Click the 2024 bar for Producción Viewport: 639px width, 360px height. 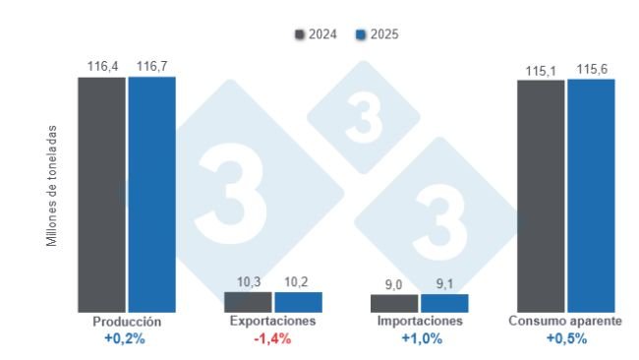coord(102,195)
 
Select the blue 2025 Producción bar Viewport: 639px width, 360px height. coord(151,195)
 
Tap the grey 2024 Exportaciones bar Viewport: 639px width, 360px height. coord(248,302)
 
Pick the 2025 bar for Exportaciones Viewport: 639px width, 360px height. coord(298,302)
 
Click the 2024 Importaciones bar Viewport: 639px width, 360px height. coord(394,304)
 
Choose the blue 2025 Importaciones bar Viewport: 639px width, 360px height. coord(444,304)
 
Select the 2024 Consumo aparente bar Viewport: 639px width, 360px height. coord(541,197)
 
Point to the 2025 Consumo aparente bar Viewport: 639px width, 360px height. coord(591,196)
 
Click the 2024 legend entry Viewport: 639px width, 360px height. coord(316,34)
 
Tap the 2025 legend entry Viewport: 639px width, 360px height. coord(378,34)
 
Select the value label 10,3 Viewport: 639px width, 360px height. coord(248,282)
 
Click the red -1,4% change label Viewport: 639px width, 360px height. coord(273,338)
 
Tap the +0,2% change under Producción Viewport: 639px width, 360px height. coord(127,338)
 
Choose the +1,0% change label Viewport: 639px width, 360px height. coord(421,338)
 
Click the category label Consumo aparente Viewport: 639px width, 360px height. coord(565,322)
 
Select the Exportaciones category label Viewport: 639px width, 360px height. coord(272,322)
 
